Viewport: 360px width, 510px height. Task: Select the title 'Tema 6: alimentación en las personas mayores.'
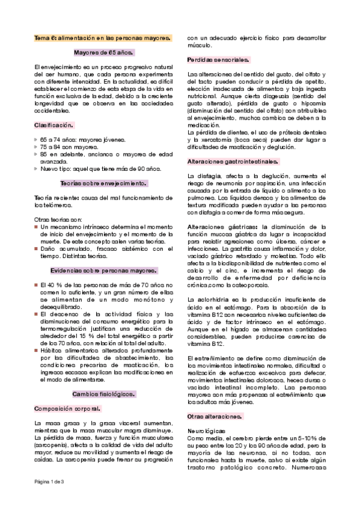pyautogui.click(x=102, y=38)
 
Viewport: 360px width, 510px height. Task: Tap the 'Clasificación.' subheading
pyautogui.click(x=54, y=124)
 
